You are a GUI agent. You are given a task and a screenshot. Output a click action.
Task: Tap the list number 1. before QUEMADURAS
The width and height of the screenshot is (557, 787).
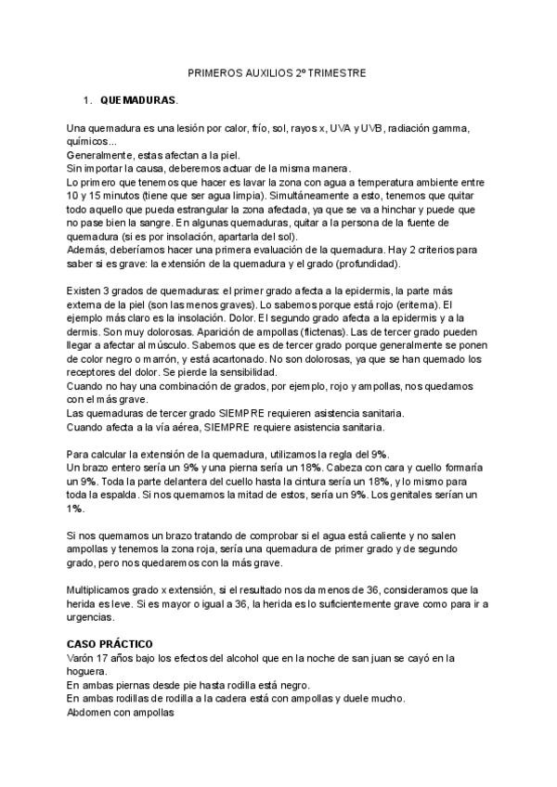pyautogui.click(x=87, y=99)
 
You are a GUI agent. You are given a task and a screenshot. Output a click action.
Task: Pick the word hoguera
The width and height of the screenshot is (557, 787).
pyautogui.click(x=91, y=672)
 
